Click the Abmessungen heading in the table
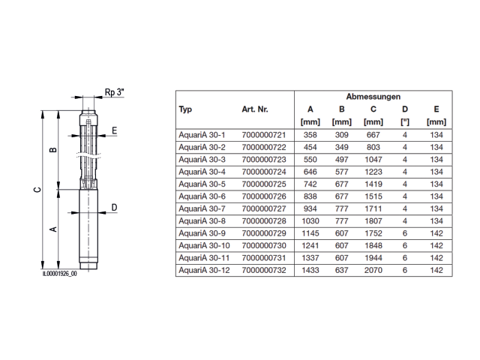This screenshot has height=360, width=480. [373, 97]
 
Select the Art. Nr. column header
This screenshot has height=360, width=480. [255, 109]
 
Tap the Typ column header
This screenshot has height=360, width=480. [185, 109]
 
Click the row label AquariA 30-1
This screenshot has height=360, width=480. [202, 135]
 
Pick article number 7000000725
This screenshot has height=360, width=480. [264, 184]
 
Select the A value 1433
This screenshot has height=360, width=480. [310, 270]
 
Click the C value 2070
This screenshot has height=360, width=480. [373, 270]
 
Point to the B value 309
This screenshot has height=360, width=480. [342, 135]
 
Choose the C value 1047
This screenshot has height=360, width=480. [373, 160]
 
